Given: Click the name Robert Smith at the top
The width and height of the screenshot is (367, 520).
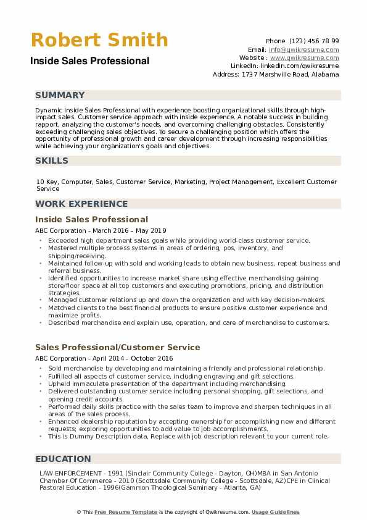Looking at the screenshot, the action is [x=99, y=40].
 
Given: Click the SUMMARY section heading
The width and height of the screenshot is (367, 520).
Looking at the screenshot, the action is [x=60, y=95].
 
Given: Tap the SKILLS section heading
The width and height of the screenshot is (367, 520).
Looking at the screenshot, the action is [x=52, y=161].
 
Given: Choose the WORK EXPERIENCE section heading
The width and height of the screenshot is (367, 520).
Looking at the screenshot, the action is [x=81, y=204].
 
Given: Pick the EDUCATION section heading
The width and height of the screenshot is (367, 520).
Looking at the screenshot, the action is [x=63, y=459].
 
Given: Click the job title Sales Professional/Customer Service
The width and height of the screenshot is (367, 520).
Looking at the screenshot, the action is [x=118, y=347].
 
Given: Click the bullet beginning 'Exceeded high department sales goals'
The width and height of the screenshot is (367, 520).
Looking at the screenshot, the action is [x=178, y=240].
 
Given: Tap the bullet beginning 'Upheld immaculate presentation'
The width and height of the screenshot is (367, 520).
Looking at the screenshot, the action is [x=167, y=384].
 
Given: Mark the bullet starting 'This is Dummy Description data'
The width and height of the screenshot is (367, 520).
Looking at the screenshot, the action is [x=188, y=436].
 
